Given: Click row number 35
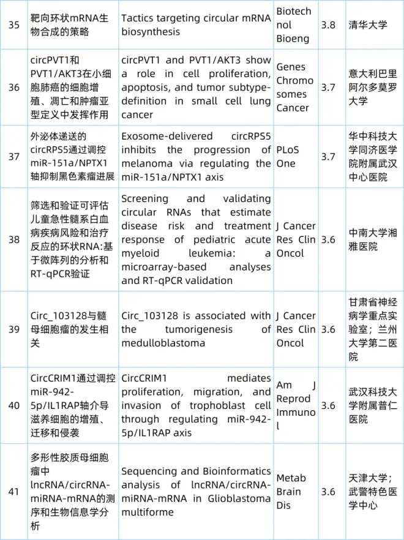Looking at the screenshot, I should pyautogui.click(x=13, y=25).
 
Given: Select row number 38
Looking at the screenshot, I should pyautogui.click(x=13, y=239).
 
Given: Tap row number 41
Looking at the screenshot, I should pyautogui.click(x=13, y=492).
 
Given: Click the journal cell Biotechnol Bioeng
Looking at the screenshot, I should pyautogui.click(x=294, y=25).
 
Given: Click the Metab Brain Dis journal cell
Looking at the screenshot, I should pyautogui.click(x=290, y=492).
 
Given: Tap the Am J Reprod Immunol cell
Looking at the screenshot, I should pyautogui.click(x=295, y=405).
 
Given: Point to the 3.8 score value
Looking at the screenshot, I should pyautogui.click(x=328, y=25).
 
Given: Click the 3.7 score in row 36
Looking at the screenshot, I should pyautogui.click(x=328, y=87).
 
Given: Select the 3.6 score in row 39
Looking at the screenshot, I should pyautogui.click(x=328, y=329).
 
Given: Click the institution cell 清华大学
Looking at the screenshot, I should pyautogui.click(x=368, y=25).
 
